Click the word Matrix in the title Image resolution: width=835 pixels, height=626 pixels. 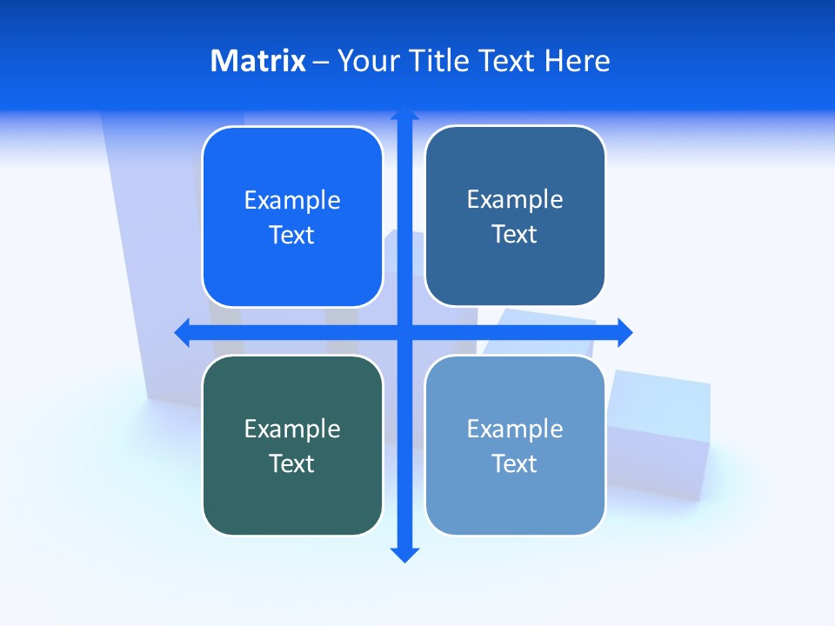[x=258, y=61]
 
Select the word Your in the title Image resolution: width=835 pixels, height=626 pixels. [x=369, y=61]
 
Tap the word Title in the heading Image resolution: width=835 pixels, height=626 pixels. [x=440, y=61]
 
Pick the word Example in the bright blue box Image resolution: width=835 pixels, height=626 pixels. [x=292, y=201]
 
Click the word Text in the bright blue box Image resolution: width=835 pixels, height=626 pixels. [x=292, y=236]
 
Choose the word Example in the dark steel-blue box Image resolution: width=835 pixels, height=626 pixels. [x=515, y=200]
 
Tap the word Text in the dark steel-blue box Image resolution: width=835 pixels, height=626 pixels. [x=515, y=235]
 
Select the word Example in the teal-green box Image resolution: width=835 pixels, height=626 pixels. [x=292, y=429]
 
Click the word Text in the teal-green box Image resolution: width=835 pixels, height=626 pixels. [x=292, y=463]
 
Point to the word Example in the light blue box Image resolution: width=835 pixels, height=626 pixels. [x=515, y=429]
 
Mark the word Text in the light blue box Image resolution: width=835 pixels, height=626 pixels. [x=515, y=463]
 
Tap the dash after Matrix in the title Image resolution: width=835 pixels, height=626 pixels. [x=321, y=62]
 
